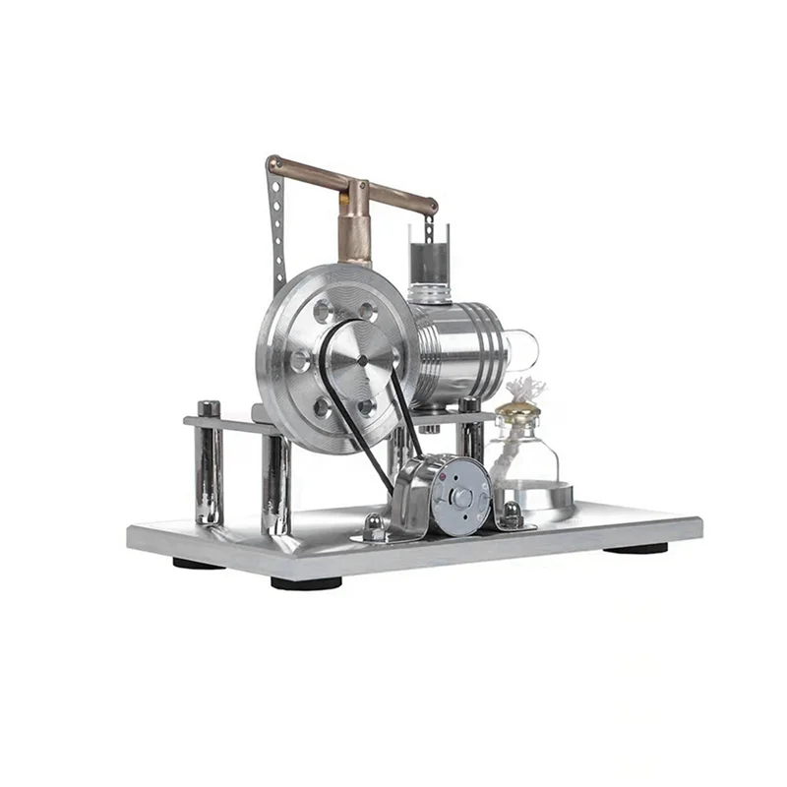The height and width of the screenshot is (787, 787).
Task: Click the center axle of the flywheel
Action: click(x=361, y=361)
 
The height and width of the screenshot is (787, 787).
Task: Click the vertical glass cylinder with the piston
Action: click(x=429, y=254)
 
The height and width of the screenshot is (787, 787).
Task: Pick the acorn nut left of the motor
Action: click(x=374, y=523)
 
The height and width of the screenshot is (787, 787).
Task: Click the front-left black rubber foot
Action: click(x=305, y=582)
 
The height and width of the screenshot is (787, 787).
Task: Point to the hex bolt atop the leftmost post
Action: click(x=208, y=407)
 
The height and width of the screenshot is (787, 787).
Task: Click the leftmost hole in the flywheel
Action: click(x=298, y=360)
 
